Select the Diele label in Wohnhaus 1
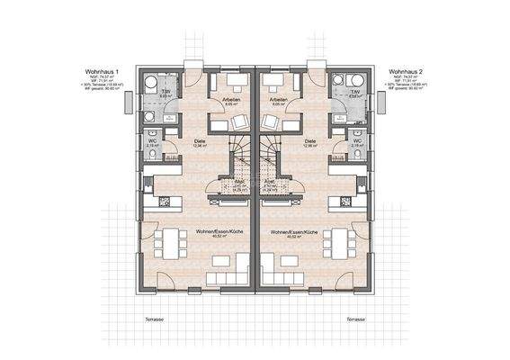pos(200,141)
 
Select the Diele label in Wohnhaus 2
pos(310,141)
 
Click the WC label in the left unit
pos(152,140)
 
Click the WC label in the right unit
pos(357,140)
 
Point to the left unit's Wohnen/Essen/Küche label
pos(213,232)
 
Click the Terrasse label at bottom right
pos(353,319)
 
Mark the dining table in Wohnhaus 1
pos(160,243)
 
